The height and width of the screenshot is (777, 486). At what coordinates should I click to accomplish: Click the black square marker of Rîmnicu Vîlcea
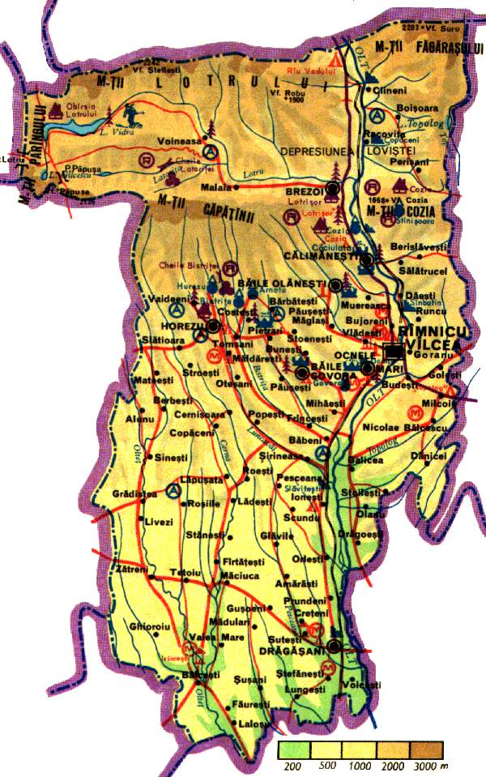coord(394,352)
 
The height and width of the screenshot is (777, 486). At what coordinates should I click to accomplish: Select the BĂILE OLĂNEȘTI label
coord(281,283)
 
